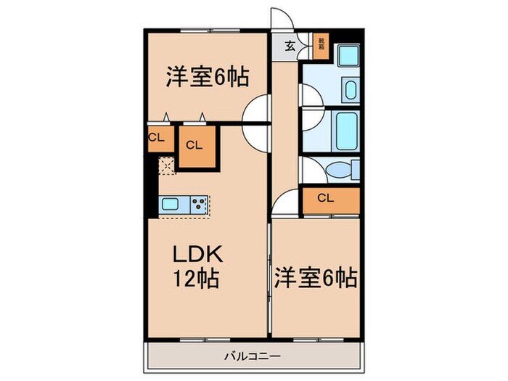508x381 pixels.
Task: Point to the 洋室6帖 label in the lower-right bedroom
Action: point(314,277)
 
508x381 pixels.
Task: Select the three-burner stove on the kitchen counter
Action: point(198,204)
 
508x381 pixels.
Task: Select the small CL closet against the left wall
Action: point(157,138)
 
